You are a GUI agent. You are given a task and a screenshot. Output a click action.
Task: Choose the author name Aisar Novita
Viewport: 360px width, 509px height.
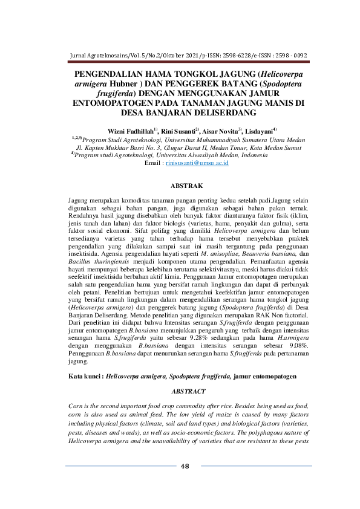[222, 131]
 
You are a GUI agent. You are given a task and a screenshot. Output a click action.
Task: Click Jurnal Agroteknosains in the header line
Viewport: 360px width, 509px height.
[100, 54]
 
